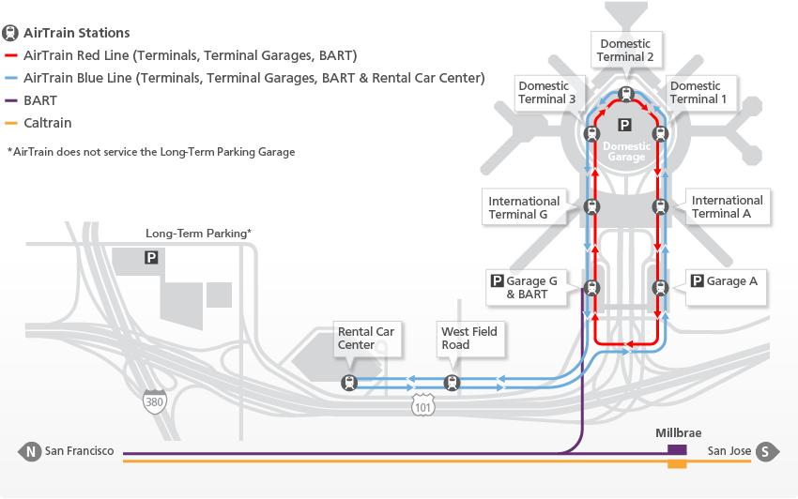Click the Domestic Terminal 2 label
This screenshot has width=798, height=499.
[x=625, y=50]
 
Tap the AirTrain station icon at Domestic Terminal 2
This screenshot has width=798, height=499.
[x=626, y=94]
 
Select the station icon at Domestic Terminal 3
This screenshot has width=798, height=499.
[x=591, y=134]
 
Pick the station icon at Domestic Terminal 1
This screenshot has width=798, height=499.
[x=661, y=134]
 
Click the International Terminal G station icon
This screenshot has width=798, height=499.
[x=591, y=207]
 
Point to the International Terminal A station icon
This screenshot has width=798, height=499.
[x=661, y=206]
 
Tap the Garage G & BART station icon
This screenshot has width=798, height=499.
[x=591, y=288]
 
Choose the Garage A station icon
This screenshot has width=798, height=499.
[x=661, y=288]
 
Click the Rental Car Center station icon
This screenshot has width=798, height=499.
[x=349, y=383]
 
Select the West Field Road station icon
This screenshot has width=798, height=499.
[x=452, y=383]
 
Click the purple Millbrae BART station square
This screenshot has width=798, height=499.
[x=677, y=450]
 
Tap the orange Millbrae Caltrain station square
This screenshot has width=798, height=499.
[x=677, y=463]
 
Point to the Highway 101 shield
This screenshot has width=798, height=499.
[x=422, y=405]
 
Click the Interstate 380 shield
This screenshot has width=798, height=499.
[x=154, y=401]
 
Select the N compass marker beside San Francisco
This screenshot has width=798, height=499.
[x=30, y=451]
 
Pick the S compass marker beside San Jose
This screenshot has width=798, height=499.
[x=767, y=451]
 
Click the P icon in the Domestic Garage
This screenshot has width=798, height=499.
[x=625, y=125]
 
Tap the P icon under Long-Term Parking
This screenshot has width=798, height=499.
[x=151, y=257]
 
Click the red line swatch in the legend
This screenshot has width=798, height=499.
[x=10, y=55]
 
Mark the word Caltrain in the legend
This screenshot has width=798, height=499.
[x=47, y=123]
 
